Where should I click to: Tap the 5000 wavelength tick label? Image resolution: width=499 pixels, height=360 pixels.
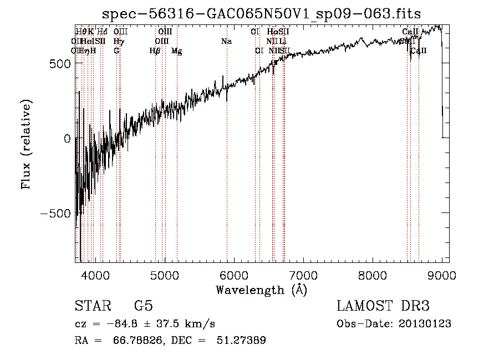[x=164, y=275]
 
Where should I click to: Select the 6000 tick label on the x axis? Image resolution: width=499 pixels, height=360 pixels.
[x=233, y=275]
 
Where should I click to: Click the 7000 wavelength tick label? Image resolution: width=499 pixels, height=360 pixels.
[x=303, y=275]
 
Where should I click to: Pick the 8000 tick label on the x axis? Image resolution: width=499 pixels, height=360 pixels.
[x=372, y=275]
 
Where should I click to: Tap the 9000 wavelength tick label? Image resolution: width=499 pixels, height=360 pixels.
[x=441, y=275]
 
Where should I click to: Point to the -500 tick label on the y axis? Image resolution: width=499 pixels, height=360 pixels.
[x=54, y=214]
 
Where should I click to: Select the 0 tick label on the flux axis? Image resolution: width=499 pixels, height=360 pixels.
[x=68, y=139]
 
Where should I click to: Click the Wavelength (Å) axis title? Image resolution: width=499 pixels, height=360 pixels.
[x=261, y=290]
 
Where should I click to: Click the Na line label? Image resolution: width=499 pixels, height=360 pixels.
[x=226, y=42]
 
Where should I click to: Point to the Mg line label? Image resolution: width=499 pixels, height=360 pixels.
[x=176, y=51]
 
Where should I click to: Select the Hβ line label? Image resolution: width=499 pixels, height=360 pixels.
[x=155, y=51]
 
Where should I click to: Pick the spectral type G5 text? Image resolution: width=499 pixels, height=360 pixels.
[x=144, y=306]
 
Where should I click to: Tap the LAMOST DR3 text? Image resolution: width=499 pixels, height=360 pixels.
[x=383, y=306]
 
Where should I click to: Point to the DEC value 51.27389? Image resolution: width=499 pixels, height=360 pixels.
[x=240, y=341]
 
